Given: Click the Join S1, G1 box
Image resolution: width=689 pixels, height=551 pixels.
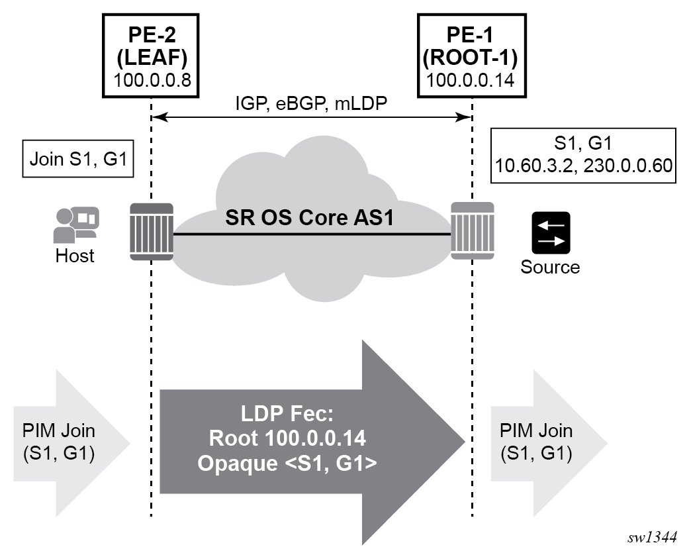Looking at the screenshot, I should click(78, 159).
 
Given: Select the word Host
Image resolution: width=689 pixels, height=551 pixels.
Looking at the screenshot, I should click(75, 256).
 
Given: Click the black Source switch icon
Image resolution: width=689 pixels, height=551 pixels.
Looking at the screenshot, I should click(550, 232).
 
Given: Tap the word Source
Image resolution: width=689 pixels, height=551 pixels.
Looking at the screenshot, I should click(550, 267).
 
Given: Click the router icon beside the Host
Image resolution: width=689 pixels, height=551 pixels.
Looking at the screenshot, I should click(152, 234).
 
